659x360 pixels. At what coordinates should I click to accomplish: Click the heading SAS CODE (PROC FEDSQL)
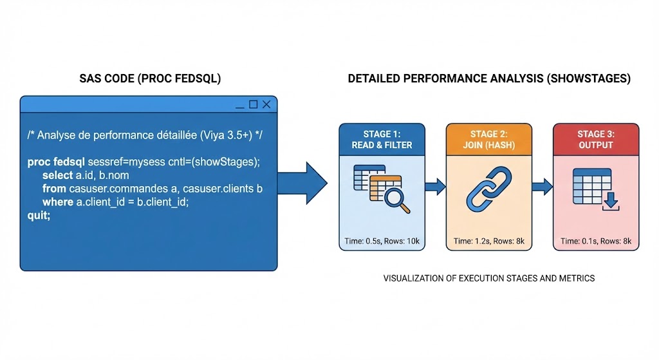tap(149, 79)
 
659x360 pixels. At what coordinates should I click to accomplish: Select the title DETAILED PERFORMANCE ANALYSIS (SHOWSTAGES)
tap(489, 79)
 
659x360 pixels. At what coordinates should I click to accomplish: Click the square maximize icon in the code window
tap(253, 104)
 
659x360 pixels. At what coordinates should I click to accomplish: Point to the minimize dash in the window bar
tap(239, 105)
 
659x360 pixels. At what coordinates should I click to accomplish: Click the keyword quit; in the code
tap(39, 215)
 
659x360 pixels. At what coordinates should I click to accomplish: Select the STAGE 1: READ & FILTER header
tap(382, 140)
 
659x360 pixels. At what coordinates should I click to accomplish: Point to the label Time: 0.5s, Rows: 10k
tap(382, 242)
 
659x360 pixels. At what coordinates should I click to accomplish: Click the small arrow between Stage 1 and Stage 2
tap(436, 187)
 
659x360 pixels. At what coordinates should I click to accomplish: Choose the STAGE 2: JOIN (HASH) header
tap(488, 140)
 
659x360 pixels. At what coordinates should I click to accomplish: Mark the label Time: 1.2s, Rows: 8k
tap(488, 242)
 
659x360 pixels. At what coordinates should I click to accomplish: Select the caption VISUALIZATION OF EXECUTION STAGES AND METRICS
tap(489, 279)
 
